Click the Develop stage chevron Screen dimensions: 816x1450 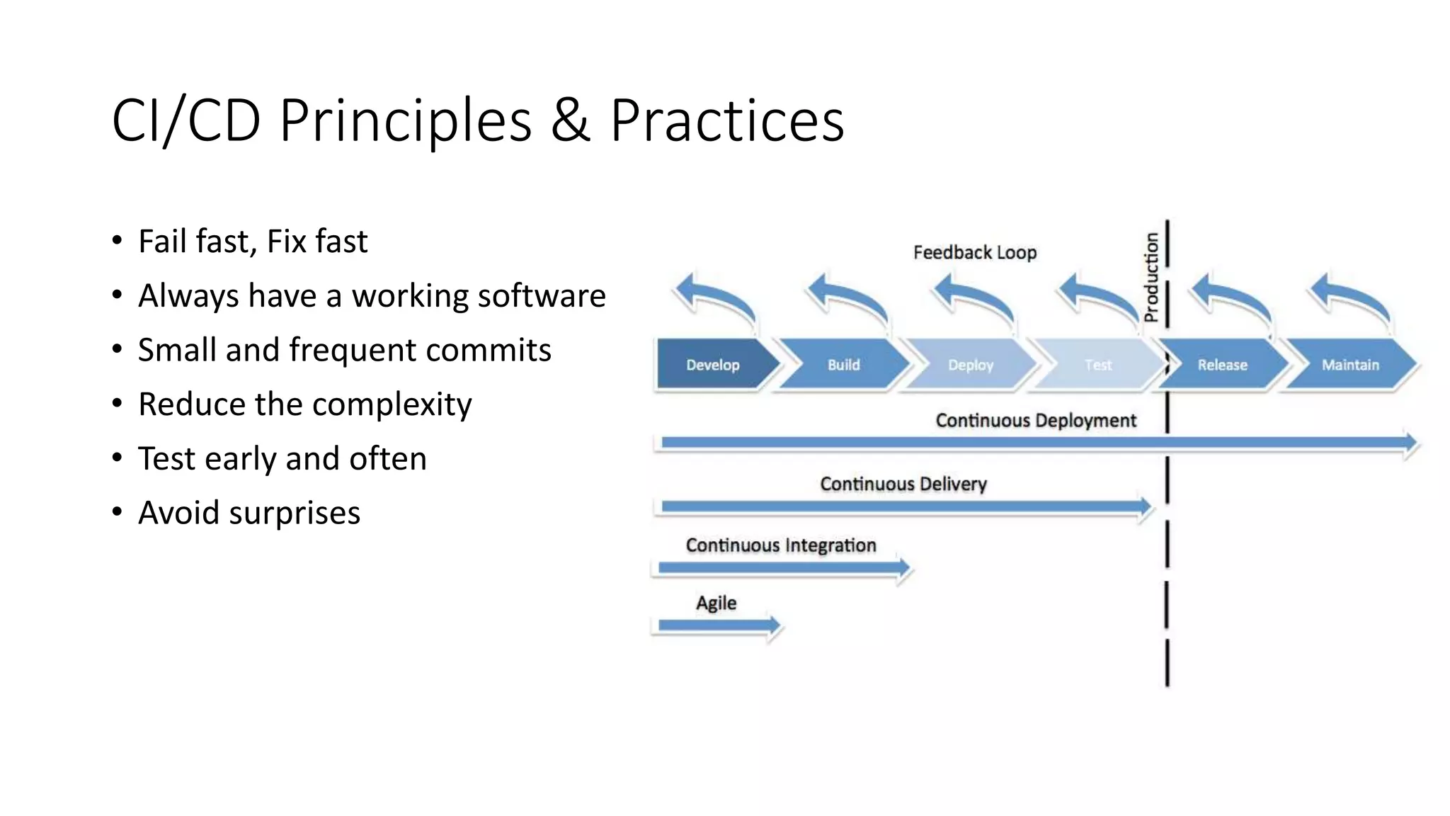714,365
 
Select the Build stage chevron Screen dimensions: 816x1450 843,365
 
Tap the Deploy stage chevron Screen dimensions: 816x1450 971,365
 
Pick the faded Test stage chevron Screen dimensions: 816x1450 1097,365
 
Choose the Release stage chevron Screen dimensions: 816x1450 1223,365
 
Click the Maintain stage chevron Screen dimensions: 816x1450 1350,365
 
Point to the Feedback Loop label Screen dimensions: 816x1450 974,252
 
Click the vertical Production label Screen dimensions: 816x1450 1152,277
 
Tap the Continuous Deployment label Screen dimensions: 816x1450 1035,420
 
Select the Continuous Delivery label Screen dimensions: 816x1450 903,484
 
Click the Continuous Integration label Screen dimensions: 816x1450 780,545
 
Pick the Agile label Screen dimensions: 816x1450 716,603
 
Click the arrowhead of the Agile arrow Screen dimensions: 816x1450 775,625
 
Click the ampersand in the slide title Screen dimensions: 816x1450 570,120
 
